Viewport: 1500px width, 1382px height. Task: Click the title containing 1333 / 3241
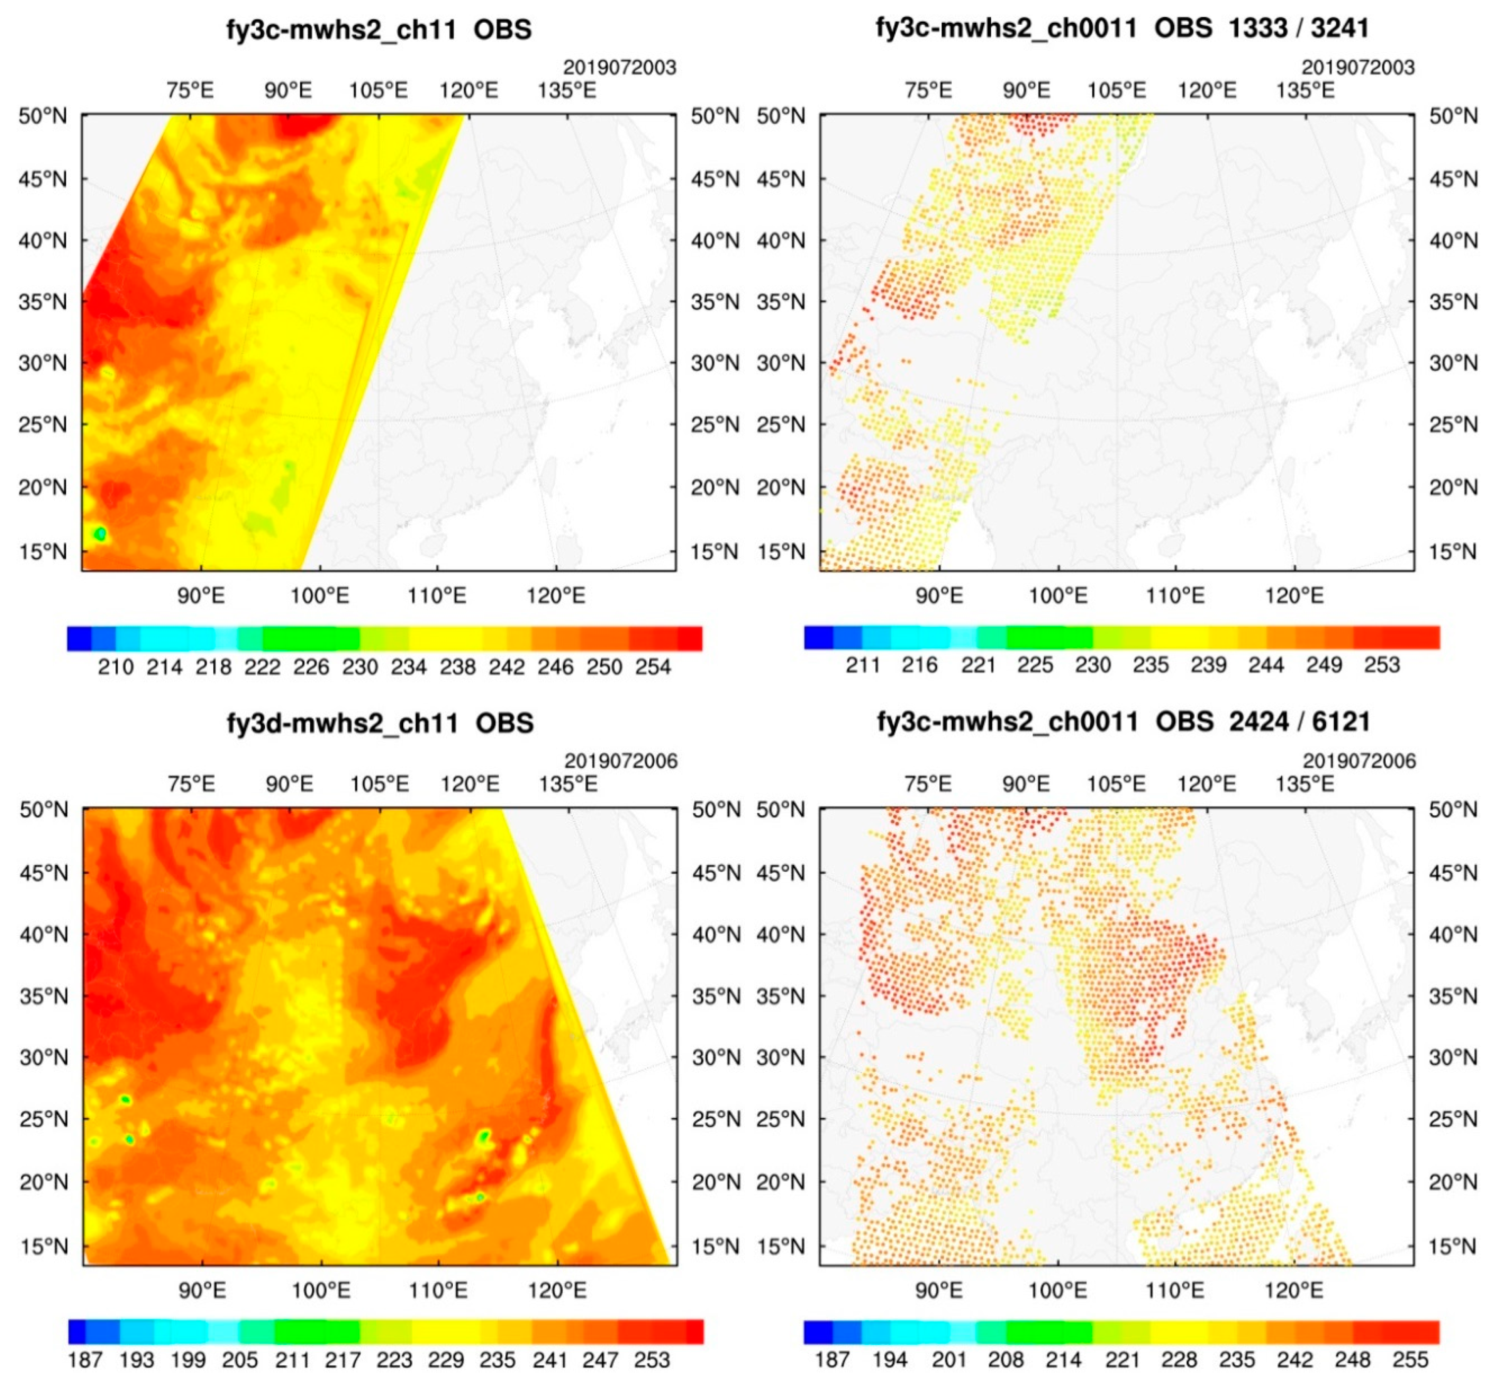pos(1122,28)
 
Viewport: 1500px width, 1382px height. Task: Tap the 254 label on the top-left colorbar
pos(653,667)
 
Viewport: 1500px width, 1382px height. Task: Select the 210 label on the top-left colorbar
pos(116,667)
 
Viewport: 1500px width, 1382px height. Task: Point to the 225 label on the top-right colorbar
pos(1035,665)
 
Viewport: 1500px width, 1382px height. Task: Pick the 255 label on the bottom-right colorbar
pos(1410,1360)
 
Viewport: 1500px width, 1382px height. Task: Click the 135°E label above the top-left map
pos(567,90)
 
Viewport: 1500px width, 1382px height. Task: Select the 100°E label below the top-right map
pos(1058,596)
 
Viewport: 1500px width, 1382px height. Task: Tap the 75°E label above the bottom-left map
pos(191,784)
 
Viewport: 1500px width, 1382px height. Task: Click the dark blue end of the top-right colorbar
pos(818,638)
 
